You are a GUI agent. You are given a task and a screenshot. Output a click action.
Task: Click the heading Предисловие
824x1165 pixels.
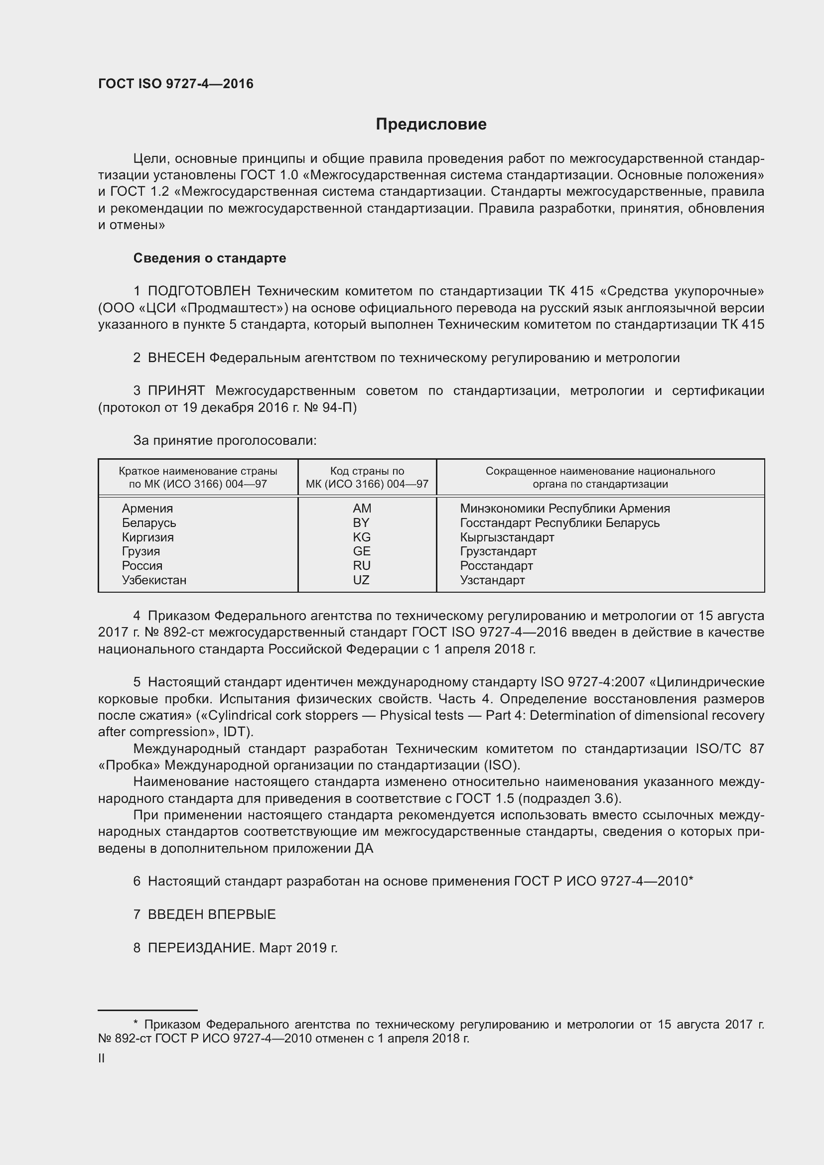(x=431, y=125)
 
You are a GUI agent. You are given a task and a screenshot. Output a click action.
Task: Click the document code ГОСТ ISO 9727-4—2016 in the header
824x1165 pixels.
(x=175, y=84)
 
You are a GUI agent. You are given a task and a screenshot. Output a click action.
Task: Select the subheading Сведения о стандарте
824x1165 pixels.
(x=210, y=259)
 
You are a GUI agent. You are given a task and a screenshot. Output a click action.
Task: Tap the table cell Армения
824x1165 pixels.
(x=147, y=509)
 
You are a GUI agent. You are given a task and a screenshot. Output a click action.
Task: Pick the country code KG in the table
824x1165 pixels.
(x=362, y=537)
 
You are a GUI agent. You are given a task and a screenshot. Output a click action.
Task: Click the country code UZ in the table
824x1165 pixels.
(x=361, y=580)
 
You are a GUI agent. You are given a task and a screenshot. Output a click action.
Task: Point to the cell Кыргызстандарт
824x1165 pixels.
(x=507, y=537)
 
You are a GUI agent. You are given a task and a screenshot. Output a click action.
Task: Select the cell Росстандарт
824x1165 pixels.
(x=496, y=566)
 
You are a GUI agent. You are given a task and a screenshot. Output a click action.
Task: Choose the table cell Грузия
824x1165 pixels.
(x=140, y=551)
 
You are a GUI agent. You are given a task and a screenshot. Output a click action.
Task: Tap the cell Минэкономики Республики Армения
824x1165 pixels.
(x=565, y=509)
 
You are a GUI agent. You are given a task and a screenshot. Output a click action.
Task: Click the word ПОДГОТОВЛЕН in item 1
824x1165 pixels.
(x=199, y=291)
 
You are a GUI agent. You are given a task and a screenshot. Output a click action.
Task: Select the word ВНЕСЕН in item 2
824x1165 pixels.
(x=176, y=358)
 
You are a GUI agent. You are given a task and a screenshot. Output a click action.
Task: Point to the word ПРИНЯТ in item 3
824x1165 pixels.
(x=176, y=390)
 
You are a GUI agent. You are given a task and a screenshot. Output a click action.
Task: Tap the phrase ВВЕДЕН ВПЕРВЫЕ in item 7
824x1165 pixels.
(x=212, y=914)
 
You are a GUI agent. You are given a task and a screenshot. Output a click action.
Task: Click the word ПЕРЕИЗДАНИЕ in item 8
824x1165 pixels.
(x=200, y=948)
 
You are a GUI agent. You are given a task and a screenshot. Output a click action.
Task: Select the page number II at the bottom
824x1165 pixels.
(x=102, y=1058)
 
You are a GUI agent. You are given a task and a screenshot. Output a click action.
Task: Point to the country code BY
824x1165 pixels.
(x=361, y=522)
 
